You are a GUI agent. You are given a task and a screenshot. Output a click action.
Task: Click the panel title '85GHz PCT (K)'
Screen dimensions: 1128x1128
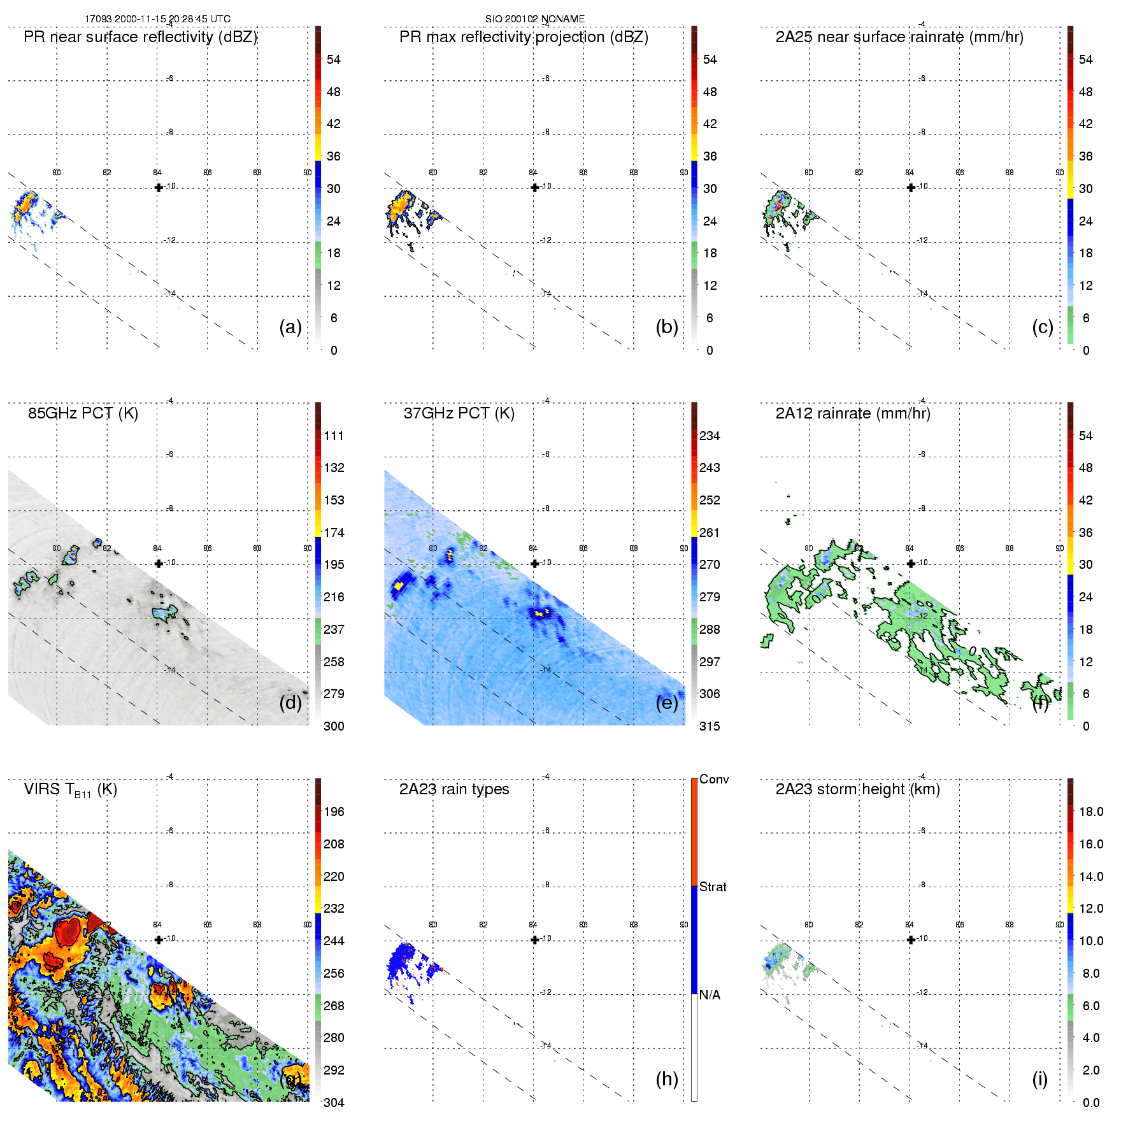pyautogui.click(x=83, y=413)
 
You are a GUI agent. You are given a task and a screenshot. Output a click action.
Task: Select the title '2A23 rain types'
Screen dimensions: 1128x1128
pyautogui.click(x=454, y=789)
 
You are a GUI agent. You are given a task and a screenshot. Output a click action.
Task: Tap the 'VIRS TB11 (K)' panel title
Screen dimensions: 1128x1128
pyautogui.click(x=70, y=790)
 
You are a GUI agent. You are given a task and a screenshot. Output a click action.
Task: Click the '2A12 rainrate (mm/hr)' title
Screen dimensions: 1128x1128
pyautogui.click(x=852, y=413)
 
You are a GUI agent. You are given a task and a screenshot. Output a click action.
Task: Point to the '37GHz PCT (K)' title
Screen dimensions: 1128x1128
pyautogui.click(x=459, y=413)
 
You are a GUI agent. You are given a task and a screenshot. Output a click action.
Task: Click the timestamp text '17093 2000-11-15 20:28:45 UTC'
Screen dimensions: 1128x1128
pyautogui.click(x=157, y=19)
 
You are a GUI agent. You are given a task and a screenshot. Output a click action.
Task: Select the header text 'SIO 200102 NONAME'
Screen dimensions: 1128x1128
pyautogui.click(x=534, y=19)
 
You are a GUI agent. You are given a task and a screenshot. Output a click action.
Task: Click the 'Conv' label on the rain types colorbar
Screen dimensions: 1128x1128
pyautogui.click(x=713, y=779)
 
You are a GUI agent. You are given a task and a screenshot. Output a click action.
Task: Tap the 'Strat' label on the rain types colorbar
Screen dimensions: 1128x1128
pyautogui.click(x=712, y=887)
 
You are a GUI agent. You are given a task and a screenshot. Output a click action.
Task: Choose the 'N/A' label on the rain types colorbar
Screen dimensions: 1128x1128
pyautogui.click(x=710, y=995)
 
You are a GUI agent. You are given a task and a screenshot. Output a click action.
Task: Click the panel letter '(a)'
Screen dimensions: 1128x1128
pyautogui.click(x=290, y=327)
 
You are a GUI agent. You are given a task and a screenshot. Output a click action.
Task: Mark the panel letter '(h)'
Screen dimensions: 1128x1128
pyautogui.click(x=666, y=1079)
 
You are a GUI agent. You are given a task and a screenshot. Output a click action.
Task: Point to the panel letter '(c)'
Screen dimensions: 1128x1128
pyautogui.click(x=1042, y=327)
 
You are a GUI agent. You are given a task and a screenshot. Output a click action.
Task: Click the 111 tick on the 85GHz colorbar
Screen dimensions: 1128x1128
pyautogui.click(x=333, y=436)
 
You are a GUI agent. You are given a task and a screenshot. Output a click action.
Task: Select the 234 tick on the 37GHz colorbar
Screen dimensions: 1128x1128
pyautogui.click(x=709, y=436)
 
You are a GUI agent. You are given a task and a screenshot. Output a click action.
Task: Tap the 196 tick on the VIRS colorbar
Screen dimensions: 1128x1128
pyautogui.click(x=333, y=811)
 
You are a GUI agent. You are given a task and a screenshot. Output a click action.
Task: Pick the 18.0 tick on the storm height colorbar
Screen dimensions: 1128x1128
pyautogui.click(x=1090, y=811)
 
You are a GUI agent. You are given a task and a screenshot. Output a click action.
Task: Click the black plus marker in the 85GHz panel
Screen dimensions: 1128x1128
pyautogui.click(x=159, y=564)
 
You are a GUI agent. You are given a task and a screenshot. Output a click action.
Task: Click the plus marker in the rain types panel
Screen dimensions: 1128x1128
pyautogui.click(x=534, y=939)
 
